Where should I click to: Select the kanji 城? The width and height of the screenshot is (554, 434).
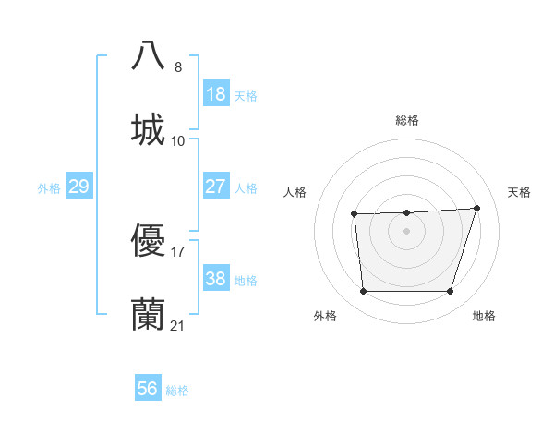coord(148,129)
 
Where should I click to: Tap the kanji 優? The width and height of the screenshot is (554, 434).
coord(148,241)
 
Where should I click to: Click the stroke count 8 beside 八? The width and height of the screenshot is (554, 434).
coord(178,66)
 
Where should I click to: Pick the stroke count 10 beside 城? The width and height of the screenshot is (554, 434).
coord(178,141)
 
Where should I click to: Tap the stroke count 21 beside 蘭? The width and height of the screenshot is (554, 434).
coord(178,326)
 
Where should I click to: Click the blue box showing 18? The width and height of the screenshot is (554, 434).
coord(216,94)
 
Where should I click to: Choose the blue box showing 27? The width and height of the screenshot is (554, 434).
coord(216,187)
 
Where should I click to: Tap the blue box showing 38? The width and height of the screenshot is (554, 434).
coord(216,279)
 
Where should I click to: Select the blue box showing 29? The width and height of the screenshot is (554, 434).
coord(78,187)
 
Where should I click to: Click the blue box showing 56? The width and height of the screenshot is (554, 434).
coord(148,389)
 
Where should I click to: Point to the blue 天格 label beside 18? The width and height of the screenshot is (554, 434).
coord(246,95)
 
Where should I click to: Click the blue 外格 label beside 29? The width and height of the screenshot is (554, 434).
coord(49,187)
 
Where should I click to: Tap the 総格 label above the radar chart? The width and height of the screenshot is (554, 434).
coord(407,120)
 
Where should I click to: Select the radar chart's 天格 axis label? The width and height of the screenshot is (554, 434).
coord(520,192)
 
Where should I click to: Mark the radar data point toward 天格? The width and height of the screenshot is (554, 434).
coord(476,208)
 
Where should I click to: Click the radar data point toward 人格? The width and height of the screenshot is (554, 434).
coord(355,214)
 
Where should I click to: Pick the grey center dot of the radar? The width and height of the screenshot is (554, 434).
coord(407,231)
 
